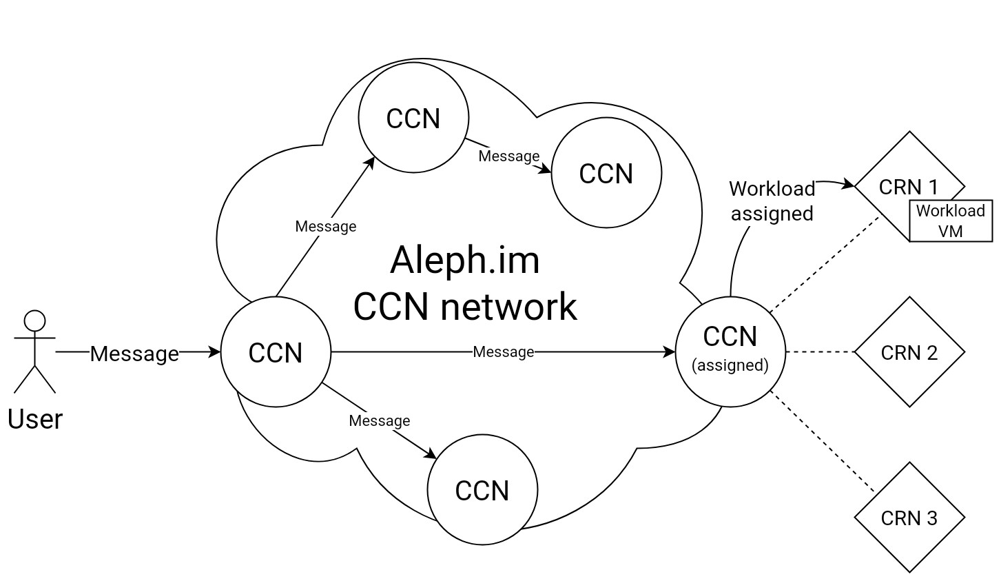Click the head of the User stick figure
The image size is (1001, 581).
tap(34, 321)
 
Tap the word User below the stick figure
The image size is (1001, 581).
tap(34, 419)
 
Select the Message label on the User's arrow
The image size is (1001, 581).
tap(134, 354)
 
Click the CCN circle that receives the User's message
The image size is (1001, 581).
tap(276, 352)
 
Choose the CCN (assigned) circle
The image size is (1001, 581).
tap(730, 351)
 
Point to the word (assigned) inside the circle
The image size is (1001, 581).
tap(730, 365)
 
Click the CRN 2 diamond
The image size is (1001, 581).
tap(909, 352)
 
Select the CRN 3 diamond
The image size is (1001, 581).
tap(909, 518)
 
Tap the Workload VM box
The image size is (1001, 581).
tap(951, 221)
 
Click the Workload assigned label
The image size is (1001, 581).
tap(772, 201)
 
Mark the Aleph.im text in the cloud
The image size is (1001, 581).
tap(465, 260)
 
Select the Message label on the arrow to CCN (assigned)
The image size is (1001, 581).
tap(504, 352)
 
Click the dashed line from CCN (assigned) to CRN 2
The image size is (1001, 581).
tap(820, 352)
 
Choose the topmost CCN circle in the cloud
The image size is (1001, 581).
tap(413, 118)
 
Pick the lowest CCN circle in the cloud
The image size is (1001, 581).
tap(482, 490)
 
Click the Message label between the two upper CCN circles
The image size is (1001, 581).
tap(509, 156)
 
